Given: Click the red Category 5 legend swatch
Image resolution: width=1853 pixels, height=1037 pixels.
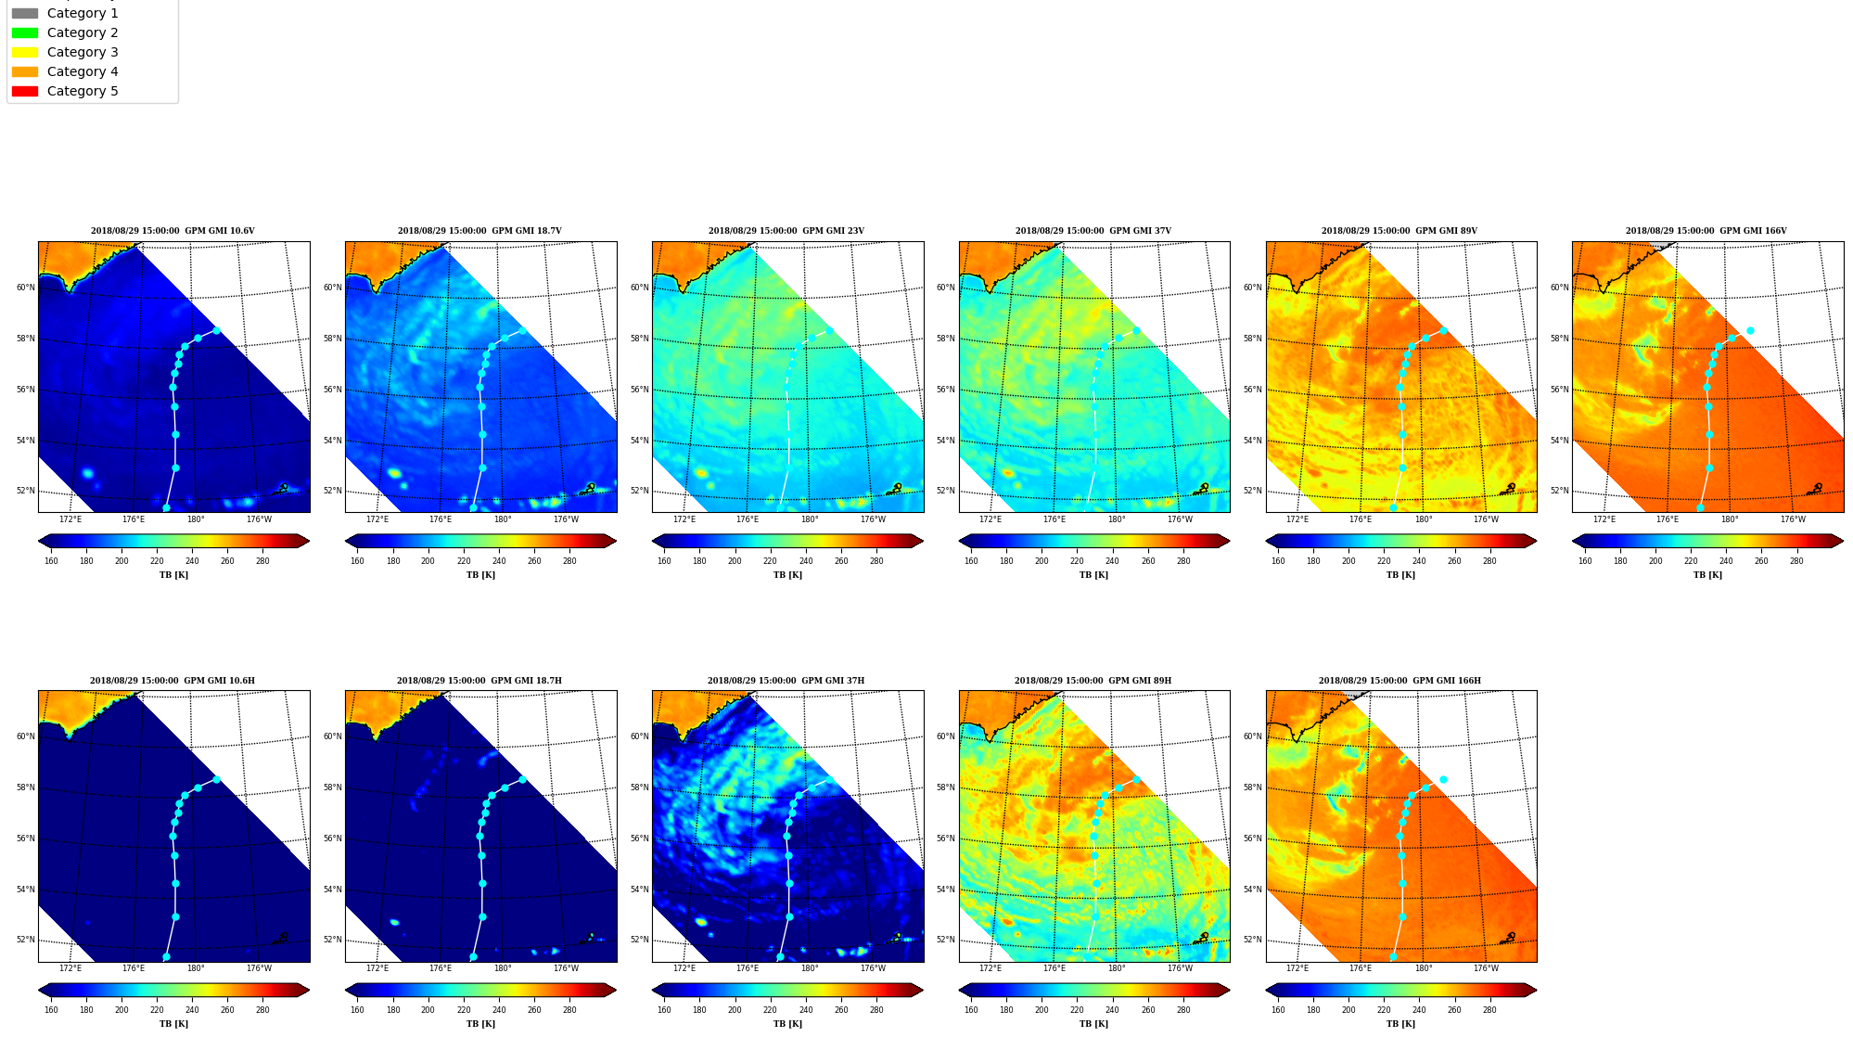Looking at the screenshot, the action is click(x=25, y=91).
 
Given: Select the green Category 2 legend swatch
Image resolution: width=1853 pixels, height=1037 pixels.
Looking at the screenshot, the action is click(x=25, y=32).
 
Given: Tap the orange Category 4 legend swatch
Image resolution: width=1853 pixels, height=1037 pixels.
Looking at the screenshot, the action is click(x=25, y=71).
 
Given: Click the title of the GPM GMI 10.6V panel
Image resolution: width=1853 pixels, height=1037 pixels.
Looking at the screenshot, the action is click(x=173, y=231).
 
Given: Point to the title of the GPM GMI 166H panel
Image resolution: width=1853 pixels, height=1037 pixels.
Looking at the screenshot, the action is click(x=1399, y=681).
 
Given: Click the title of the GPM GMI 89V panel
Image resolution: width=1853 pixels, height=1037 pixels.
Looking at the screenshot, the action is click(x=1399, y=231).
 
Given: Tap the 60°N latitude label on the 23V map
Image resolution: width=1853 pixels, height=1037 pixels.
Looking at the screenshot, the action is click(x=639, y=288).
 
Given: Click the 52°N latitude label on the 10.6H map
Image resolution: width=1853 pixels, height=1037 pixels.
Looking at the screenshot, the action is click(x=25, y=940).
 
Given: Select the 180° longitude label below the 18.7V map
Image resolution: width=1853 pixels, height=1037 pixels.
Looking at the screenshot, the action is click(x=503, y=519).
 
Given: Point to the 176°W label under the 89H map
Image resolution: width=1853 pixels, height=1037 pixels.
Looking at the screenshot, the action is click(x=1180, y=968).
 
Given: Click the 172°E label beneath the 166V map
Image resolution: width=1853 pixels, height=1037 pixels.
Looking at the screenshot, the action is click(x=1604, y=519).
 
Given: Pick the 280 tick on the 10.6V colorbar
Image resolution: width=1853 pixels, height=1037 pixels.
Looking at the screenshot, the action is click(x=262, y=561).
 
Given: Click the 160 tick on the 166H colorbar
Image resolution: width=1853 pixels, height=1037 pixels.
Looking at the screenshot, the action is click(x=1278, y=1010).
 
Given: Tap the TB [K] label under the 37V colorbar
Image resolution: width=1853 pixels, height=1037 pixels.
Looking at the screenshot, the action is click(x=1093, y=575).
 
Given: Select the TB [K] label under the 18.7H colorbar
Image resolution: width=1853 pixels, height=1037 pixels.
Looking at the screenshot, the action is click(x=480, y=1024).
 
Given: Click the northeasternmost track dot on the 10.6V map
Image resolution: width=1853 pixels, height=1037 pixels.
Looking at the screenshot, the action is click(x=216, y=330).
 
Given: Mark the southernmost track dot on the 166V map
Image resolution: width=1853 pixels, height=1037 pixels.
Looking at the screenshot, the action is click(x=1700, y=507).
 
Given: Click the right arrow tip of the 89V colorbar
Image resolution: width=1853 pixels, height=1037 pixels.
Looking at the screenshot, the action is click(x=1536, y=541).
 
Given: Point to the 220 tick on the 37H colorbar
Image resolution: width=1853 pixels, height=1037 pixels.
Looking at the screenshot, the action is click(x=770, y=1010).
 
